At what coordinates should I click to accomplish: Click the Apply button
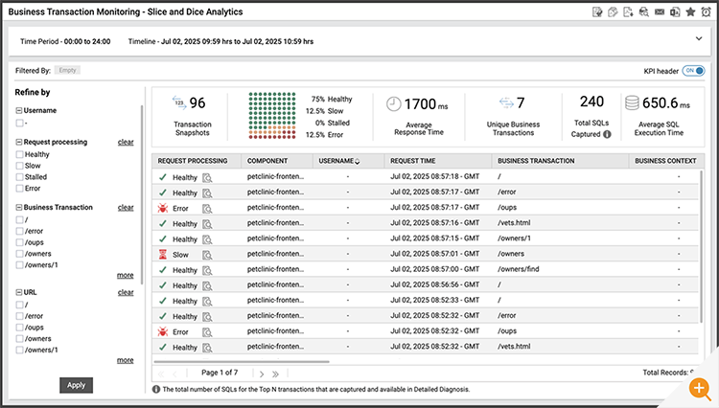[77, 385]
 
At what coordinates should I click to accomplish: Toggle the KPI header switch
[695, 71]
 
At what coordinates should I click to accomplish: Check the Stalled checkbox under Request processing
[20, 177]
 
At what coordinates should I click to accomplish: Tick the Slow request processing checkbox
[20, 166]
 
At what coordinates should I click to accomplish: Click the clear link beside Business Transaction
[126, 207]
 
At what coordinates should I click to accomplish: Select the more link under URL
[126, 360]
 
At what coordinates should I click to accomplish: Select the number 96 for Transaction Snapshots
[197, 103]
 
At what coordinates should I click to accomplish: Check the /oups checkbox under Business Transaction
[20, 242]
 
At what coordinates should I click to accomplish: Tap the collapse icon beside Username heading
[19, 111]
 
